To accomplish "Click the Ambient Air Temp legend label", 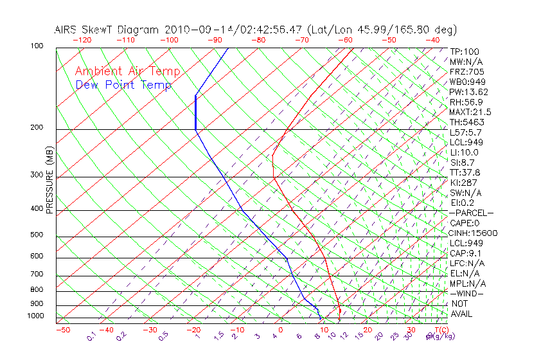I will pyautogui.click(x=128, y=71).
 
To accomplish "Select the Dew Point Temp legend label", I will pyautogui.click(x=123, y=85).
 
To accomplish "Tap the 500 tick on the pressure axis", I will pyautogui.click(x=36, y=235).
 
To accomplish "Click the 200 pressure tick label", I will pyautogui.click(x=36, y=127).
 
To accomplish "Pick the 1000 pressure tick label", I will pyautogui.click(x=35, y=316).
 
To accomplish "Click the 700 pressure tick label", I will pyautogui.click(x=36, y=274).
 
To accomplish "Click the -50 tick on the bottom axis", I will pyautogui.click(x=62, y=330).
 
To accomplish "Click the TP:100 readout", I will pyautogui.click(x=465, y=51).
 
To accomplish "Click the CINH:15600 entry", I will pyautogui.click(x=474, y=233).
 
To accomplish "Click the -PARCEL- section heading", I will pyautogui.click(x=472, y=213).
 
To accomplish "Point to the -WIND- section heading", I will pyautogui.click(x=466, y=293).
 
